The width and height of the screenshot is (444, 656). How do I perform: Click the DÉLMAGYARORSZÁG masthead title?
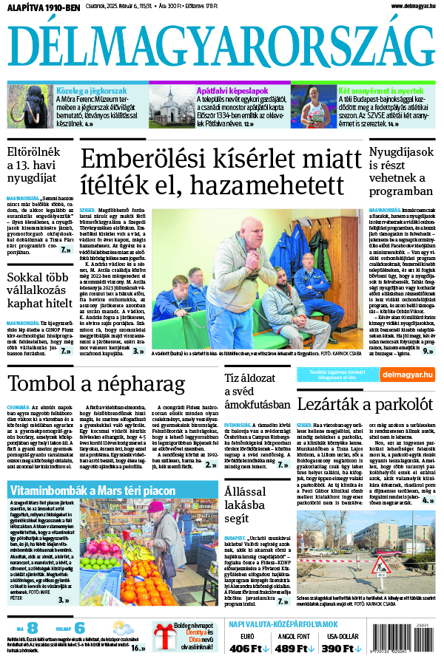coord(221,47)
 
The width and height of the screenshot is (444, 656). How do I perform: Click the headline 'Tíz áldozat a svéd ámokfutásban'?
coord(256,392)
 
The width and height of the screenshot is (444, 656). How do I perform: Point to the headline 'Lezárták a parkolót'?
coord(364,403)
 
